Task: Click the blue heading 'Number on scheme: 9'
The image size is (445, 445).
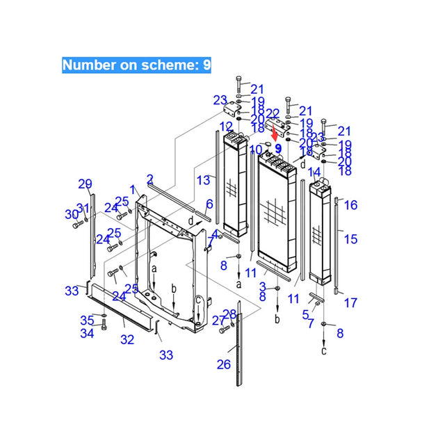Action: click(136, 65)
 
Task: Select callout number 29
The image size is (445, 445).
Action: click(85, 184)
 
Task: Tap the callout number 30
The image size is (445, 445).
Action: click(71, 213)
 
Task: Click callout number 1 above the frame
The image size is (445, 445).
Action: click(133, 190)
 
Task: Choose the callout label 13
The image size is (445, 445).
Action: click(202, 180)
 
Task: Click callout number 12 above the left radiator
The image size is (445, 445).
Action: click(226, 126)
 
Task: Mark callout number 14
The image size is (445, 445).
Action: click(314, 171)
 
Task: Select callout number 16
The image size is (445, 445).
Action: click(350, 204)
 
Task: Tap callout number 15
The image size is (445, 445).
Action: click(350, 239)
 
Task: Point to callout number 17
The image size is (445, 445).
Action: click(350, 302)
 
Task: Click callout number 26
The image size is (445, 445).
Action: click(223, 364)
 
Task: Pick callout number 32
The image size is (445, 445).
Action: click(127, 340)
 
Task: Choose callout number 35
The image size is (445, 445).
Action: click(87, 321)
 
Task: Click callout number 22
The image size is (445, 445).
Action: click(273, 113)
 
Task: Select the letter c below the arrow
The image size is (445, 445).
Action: click(324, 350)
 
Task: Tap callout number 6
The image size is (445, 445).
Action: click(209, 204)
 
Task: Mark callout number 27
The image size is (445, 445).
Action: click(219, 321)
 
